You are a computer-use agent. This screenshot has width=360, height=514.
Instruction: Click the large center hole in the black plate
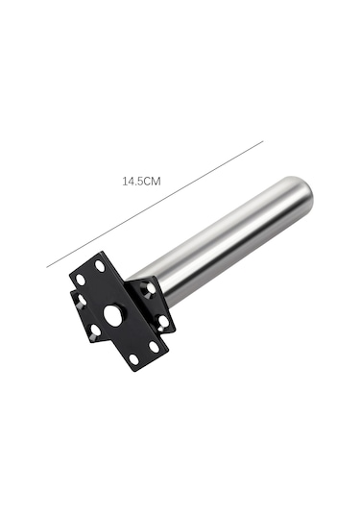tap(113, 316)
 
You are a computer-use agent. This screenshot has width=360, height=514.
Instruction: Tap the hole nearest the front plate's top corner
tap(100, 265)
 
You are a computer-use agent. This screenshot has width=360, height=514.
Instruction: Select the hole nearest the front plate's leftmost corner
tap(80, 280)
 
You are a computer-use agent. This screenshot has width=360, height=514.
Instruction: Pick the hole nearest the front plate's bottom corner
tap(133, 359)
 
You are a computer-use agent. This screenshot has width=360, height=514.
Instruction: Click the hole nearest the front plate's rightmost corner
tap(154, 346)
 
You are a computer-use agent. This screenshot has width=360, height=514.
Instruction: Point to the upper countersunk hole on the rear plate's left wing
tap(82, 300)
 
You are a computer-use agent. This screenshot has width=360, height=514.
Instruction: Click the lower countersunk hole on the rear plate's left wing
tap(95, 331)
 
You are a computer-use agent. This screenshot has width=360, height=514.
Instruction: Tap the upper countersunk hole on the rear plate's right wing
tap(147, 290)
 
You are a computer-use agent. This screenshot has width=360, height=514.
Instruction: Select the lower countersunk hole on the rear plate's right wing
tap(161, 322)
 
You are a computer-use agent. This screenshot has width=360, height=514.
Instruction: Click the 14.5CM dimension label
tap(141, 181)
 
